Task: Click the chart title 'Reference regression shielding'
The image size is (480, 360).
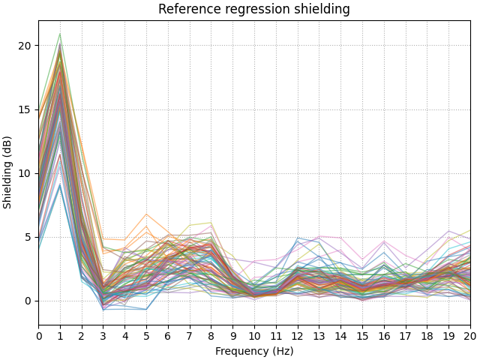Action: point(254,10)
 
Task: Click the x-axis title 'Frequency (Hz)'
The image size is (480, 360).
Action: point(254,351)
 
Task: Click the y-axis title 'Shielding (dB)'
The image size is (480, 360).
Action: point(7,172)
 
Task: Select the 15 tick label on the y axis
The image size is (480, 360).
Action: point(25,109)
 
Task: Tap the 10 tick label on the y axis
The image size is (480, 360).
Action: point(25,173)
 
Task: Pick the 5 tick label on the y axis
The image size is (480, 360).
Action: point(28,237)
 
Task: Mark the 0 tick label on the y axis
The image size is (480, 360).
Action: point(28,301)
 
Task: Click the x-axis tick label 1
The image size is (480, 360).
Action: point(61,335)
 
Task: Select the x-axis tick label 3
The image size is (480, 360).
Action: point(103,335)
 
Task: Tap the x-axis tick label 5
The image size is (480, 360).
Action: point(147,335)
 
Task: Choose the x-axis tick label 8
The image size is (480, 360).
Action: point(211,335)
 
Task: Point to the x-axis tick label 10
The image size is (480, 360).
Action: point(255,335)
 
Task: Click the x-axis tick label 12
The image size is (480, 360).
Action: point(298,335)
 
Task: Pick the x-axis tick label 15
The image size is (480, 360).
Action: point(362,335)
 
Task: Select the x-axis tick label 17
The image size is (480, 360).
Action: point(406,335)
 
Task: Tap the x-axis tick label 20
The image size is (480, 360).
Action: point(470,335)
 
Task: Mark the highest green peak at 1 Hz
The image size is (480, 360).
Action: point(61,34)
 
